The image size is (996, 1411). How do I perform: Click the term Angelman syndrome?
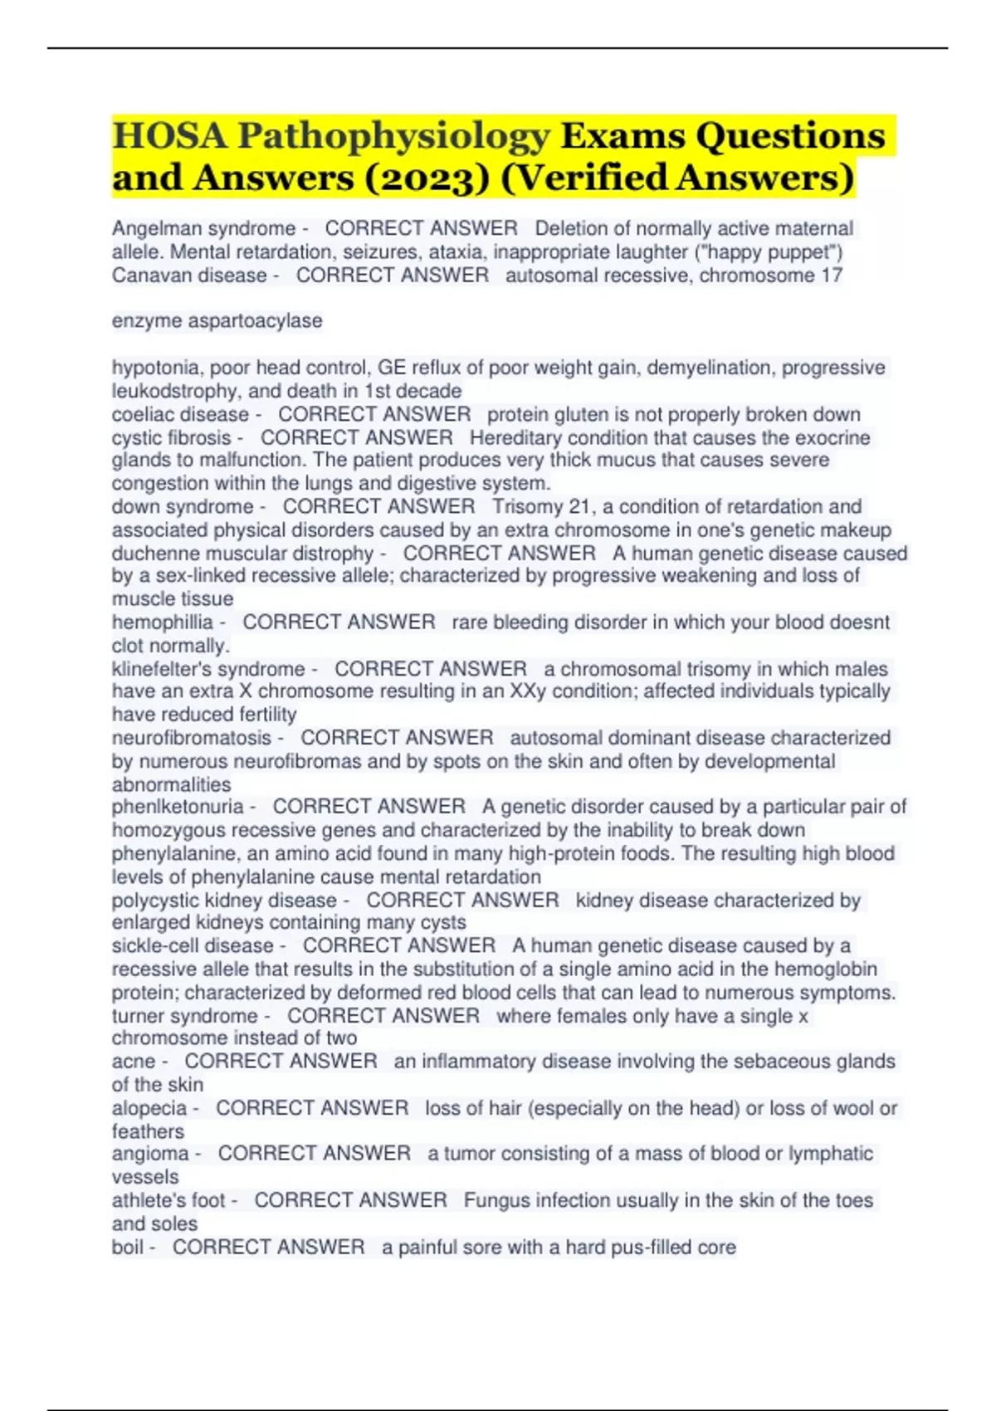pos(203,228)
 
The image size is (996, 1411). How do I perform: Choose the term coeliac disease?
pos(180,414)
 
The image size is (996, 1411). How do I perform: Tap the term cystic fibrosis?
pos(171,437)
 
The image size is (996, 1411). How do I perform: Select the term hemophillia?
pos(162,622)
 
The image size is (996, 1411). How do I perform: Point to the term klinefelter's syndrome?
pos(208,669)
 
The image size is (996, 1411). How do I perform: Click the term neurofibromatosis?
pos(192,738)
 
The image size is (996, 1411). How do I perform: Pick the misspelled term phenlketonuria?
pos(178,807)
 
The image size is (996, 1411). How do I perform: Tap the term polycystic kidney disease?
pos(224,901)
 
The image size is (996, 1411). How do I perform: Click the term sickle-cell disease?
pos(193,945)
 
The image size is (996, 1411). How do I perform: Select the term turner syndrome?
pos(184,1016)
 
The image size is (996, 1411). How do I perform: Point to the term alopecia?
pos(149,1108)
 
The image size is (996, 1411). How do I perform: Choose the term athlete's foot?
pos(168,1200)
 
